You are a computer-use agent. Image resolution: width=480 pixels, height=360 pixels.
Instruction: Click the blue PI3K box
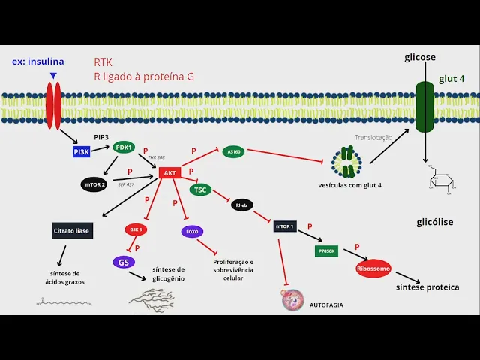[82, 151]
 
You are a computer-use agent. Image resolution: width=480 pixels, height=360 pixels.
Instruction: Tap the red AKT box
[169, 173]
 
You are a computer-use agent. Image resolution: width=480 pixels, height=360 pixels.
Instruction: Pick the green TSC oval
[200, 190]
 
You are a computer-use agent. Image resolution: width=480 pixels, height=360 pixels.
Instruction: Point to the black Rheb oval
[242, 205]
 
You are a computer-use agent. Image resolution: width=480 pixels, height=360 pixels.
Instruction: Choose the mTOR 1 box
[286, 225]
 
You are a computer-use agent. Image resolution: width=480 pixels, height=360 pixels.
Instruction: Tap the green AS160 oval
[234, 151]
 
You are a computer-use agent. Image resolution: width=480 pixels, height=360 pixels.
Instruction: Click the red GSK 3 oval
[136, 229]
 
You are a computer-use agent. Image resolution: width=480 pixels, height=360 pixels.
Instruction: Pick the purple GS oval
[123, 262]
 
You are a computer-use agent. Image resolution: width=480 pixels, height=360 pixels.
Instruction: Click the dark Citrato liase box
[72, 231]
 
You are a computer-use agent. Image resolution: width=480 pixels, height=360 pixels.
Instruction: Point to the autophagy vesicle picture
[292, 301]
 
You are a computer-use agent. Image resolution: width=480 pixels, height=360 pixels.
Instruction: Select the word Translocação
[373, 137]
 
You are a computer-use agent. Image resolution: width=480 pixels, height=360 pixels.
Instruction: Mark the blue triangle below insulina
[52, 75]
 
